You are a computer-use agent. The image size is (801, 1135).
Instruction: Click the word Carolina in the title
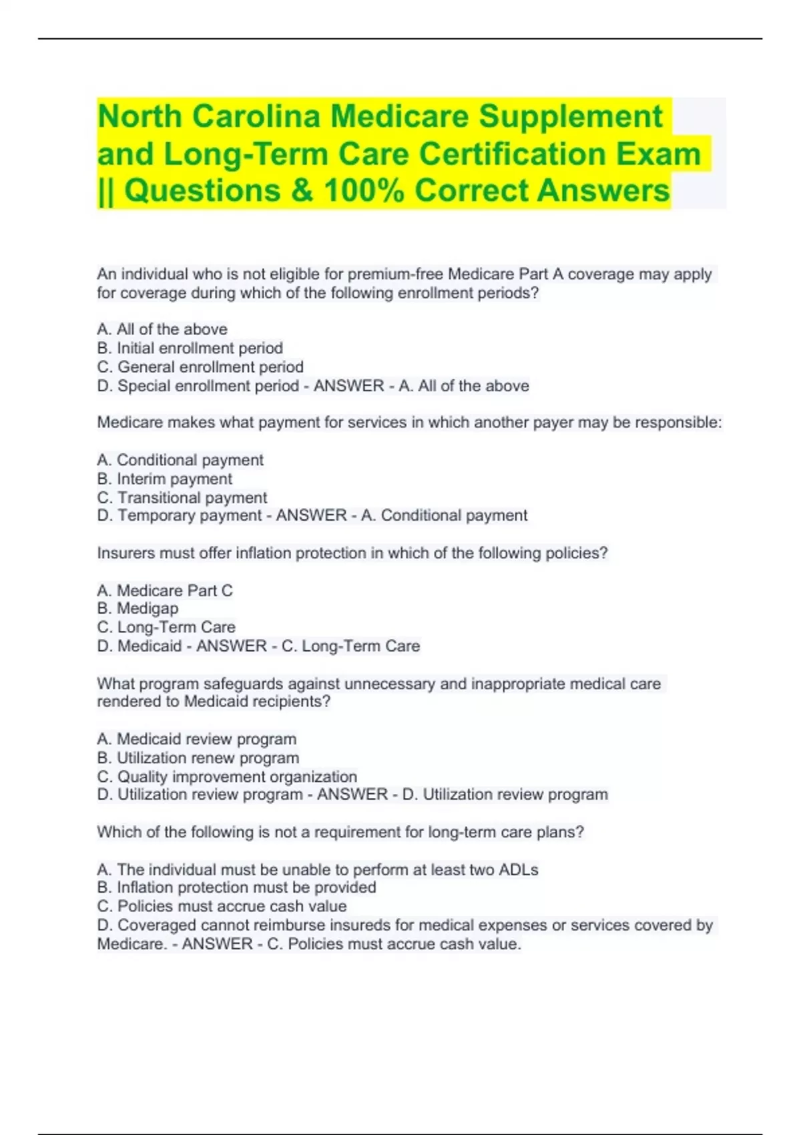point(256,117)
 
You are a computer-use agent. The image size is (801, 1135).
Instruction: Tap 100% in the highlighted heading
point(364,191)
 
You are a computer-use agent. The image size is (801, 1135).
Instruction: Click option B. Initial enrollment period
point(190,348)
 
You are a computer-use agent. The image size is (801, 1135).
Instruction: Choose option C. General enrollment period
point(200,367)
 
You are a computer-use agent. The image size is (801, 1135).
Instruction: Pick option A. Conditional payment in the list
point(180,460)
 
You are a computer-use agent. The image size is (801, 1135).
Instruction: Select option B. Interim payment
point(165,479)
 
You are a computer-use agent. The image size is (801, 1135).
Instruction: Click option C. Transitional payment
point(182,497)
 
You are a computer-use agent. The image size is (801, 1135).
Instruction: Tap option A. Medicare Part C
point(165,590)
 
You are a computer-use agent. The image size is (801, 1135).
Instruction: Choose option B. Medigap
point(138,608)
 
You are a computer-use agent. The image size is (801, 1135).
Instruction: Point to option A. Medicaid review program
point(197,739)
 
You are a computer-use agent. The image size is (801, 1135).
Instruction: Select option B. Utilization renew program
point(198,758)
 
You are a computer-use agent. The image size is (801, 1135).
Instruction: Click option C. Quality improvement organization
point(227,776)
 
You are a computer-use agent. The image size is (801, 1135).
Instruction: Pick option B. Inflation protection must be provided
point(237,887)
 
